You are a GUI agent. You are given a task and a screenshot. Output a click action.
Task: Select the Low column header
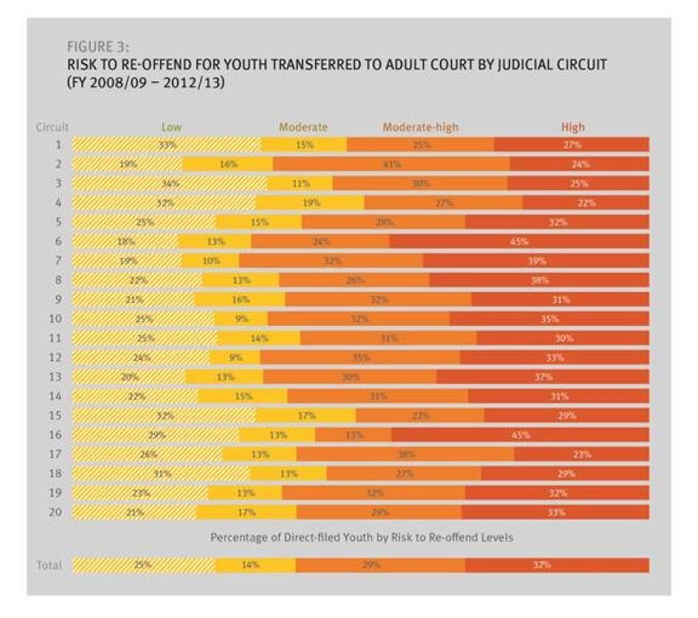click(x=171, y=127)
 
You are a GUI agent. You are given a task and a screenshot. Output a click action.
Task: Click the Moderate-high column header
click(x=420, y=127)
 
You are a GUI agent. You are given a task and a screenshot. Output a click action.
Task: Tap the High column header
click(x=573, y=127)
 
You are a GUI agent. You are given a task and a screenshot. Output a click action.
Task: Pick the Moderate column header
click(x=303, y=127)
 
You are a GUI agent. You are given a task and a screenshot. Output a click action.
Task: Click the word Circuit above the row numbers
click(x=52, y=127)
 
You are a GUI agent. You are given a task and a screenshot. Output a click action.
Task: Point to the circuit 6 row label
click(x=58, y=241)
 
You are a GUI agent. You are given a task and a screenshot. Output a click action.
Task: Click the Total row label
click(x=49, y=565)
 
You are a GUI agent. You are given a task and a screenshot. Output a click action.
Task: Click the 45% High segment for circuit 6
click(x=519, y=241)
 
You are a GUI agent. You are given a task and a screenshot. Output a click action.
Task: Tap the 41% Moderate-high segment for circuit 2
click(x=391, y=164)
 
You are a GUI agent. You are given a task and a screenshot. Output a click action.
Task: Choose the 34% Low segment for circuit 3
click(x=170, y=184)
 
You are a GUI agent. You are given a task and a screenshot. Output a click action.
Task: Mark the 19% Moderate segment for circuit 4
click(x=310, y=203)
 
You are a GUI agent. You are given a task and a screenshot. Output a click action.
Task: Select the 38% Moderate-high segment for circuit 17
click(x=405, y=454)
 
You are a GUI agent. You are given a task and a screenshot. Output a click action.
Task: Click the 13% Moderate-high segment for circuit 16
click(x=353, y=434)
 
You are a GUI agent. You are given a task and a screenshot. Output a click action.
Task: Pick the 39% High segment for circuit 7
click(x=536, y=260)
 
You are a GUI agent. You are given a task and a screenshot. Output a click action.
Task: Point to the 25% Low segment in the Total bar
click(x=144, y=565)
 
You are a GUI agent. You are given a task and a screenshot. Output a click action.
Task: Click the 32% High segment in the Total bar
click(x=557, y=565)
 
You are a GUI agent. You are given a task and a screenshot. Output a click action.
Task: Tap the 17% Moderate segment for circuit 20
click(x=246, y=512)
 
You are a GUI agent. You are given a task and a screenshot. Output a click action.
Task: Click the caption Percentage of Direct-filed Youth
click(x=362, y=538)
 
